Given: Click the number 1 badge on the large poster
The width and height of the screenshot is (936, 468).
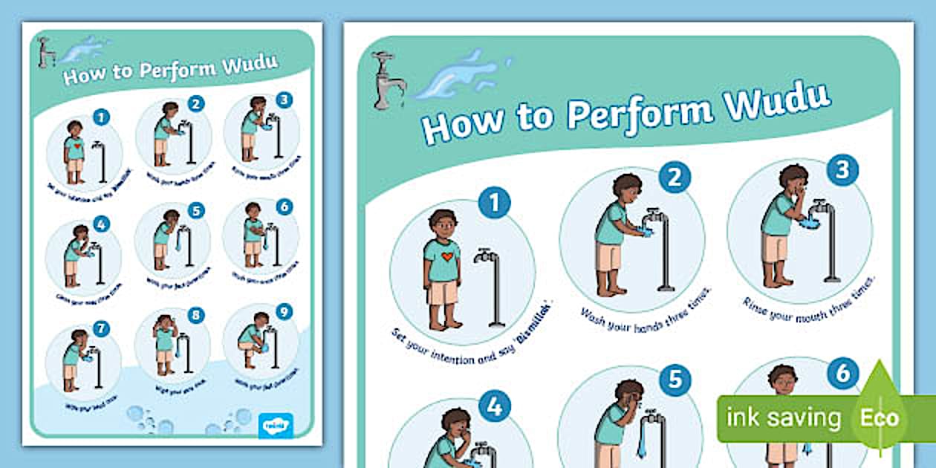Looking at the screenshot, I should [494, 202].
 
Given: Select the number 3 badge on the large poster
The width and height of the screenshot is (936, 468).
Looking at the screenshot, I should [842, 169].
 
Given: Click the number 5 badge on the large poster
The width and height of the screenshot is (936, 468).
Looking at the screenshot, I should [675, 380].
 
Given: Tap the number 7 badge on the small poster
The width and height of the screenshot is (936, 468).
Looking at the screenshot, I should [102, 328].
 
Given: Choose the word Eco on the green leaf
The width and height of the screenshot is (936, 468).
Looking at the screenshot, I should [879, 417].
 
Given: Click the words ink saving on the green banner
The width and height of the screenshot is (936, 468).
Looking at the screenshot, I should [783, 417].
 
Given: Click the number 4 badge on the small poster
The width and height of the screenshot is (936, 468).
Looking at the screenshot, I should [101, 224].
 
